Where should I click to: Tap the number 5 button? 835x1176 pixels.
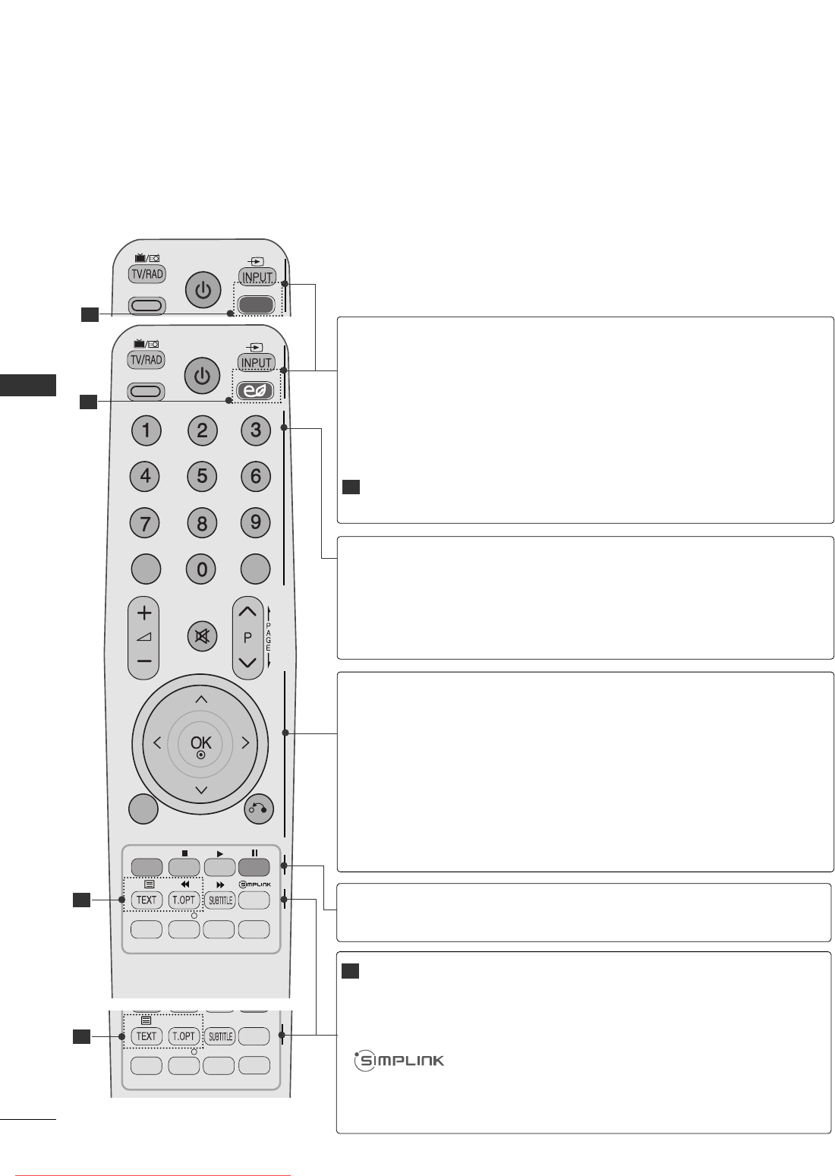click(202, 477)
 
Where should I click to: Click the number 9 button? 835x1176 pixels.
click(256, 522)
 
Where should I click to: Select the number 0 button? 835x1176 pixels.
click(202, 569)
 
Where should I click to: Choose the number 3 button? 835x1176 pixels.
click(256, 430)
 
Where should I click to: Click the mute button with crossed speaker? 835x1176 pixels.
click(202, 636)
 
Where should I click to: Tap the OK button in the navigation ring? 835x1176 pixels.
click(201, 743)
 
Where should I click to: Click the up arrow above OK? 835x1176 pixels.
click(201, 698)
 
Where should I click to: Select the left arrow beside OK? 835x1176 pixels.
click(157, 743)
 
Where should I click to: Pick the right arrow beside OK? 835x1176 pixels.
click(245, 743)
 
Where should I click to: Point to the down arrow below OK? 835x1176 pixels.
click(201, 790)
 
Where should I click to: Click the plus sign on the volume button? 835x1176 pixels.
click(144, 613)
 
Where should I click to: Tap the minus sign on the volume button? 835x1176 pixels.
click(144, 661)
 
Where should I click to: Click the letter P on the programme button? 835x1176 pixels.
click(247, 638)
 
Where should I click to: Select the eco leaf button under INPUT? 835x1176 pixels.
click(256, 391)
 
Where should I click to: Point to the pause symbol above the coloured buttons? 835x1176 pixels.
click(254, 853)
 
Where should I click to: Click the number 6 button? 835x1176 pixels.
click(256, 477)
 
